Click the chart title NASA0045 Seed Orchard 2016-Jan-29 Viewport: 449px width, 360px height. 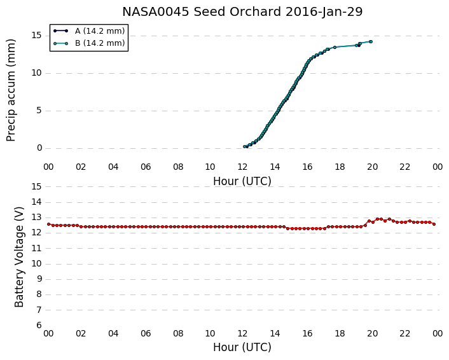pos(242,12)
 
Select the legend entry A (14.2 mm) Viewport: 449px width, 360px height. pos(100,31)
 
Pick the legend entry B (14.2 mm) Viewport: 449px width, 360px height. pos(100,43)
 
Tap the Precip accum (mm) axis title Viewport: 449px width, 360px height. pos(11,90)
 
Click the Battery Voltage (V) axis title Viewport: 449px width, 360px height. pos(19,257)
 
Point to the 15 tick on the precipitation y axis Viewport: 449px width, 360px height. pos(37,36)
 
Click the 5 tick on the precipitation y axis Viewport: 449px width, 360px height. pos(39,111)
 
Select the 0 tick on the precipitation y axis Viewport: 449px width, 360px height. pos(39,148)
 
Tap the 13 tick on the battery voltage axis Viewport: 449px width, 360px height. pos(37,218)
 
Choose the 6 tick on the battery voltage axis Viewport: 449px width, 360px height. pos(39,326)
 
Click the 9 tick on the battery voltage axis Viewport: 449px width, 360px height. pos(39,279)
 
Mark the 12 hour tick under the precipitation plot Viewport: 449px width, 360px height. pos(242,167)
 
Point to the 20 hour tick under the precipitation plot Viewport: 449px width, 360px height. pos(372,167)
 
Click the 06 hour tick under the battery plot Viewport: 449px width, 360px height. pos(146,333)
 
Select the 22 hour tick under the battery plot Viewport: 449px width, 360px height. pos(405,333)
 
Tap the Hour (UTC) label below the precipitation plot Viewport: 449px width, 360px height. pos(242,181)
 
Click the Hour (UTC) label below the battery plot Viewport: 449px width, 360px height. pos(242,347)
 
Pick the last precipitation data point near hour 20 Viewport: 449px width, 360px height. pos(371,41)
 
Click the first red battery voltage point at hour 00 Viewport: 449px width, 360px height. pos(49,225)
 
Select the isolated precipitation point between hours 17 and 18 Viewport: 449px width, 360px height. pos(335,47)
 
